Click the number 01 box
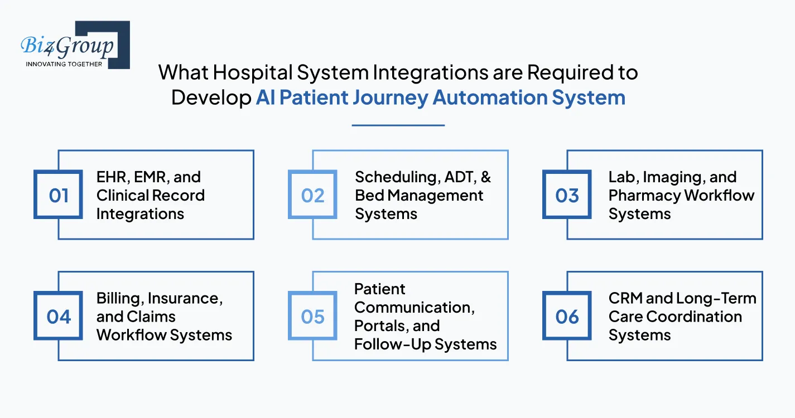59,195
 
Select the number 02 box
312,195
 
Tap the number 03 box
567,195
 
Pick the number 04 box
59,317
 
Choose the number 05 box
312,317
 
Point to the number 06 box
567,317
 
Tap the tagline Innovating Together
64,64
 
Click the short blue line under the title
398,125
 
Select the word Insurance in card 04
185,299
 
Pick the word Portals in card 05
379,325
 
